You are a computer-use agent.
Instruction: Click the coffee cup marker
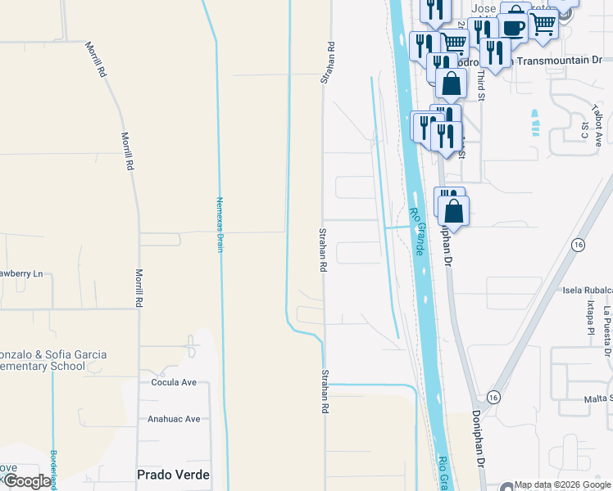[x=513, y=27]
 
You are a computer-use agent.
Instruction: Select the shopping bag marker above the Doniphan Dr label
[x=453, y=211]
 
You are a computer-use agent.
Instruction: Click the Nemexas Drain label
[x=220, y=223]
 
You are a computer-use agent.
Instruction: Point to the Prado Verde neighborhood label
[x=173, y=475]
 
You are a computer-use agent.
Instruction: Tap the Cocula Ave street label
[x=175, y=382]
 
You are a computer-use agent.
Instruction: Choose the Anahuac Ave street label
[x=174, y=419]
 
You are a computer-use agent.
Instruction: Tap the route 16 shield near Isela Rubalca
[x=579, y=245]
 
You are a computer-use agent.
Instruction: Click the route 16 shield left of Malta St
[x=493, y=396]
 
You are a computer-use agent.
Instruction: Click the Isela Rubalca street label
[x=588, y=290]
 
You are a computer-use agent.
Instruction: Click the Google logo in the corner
[x=27, y=481]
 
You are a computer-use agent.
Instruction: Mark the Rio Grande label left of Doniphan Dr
[x=416, y=230]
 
